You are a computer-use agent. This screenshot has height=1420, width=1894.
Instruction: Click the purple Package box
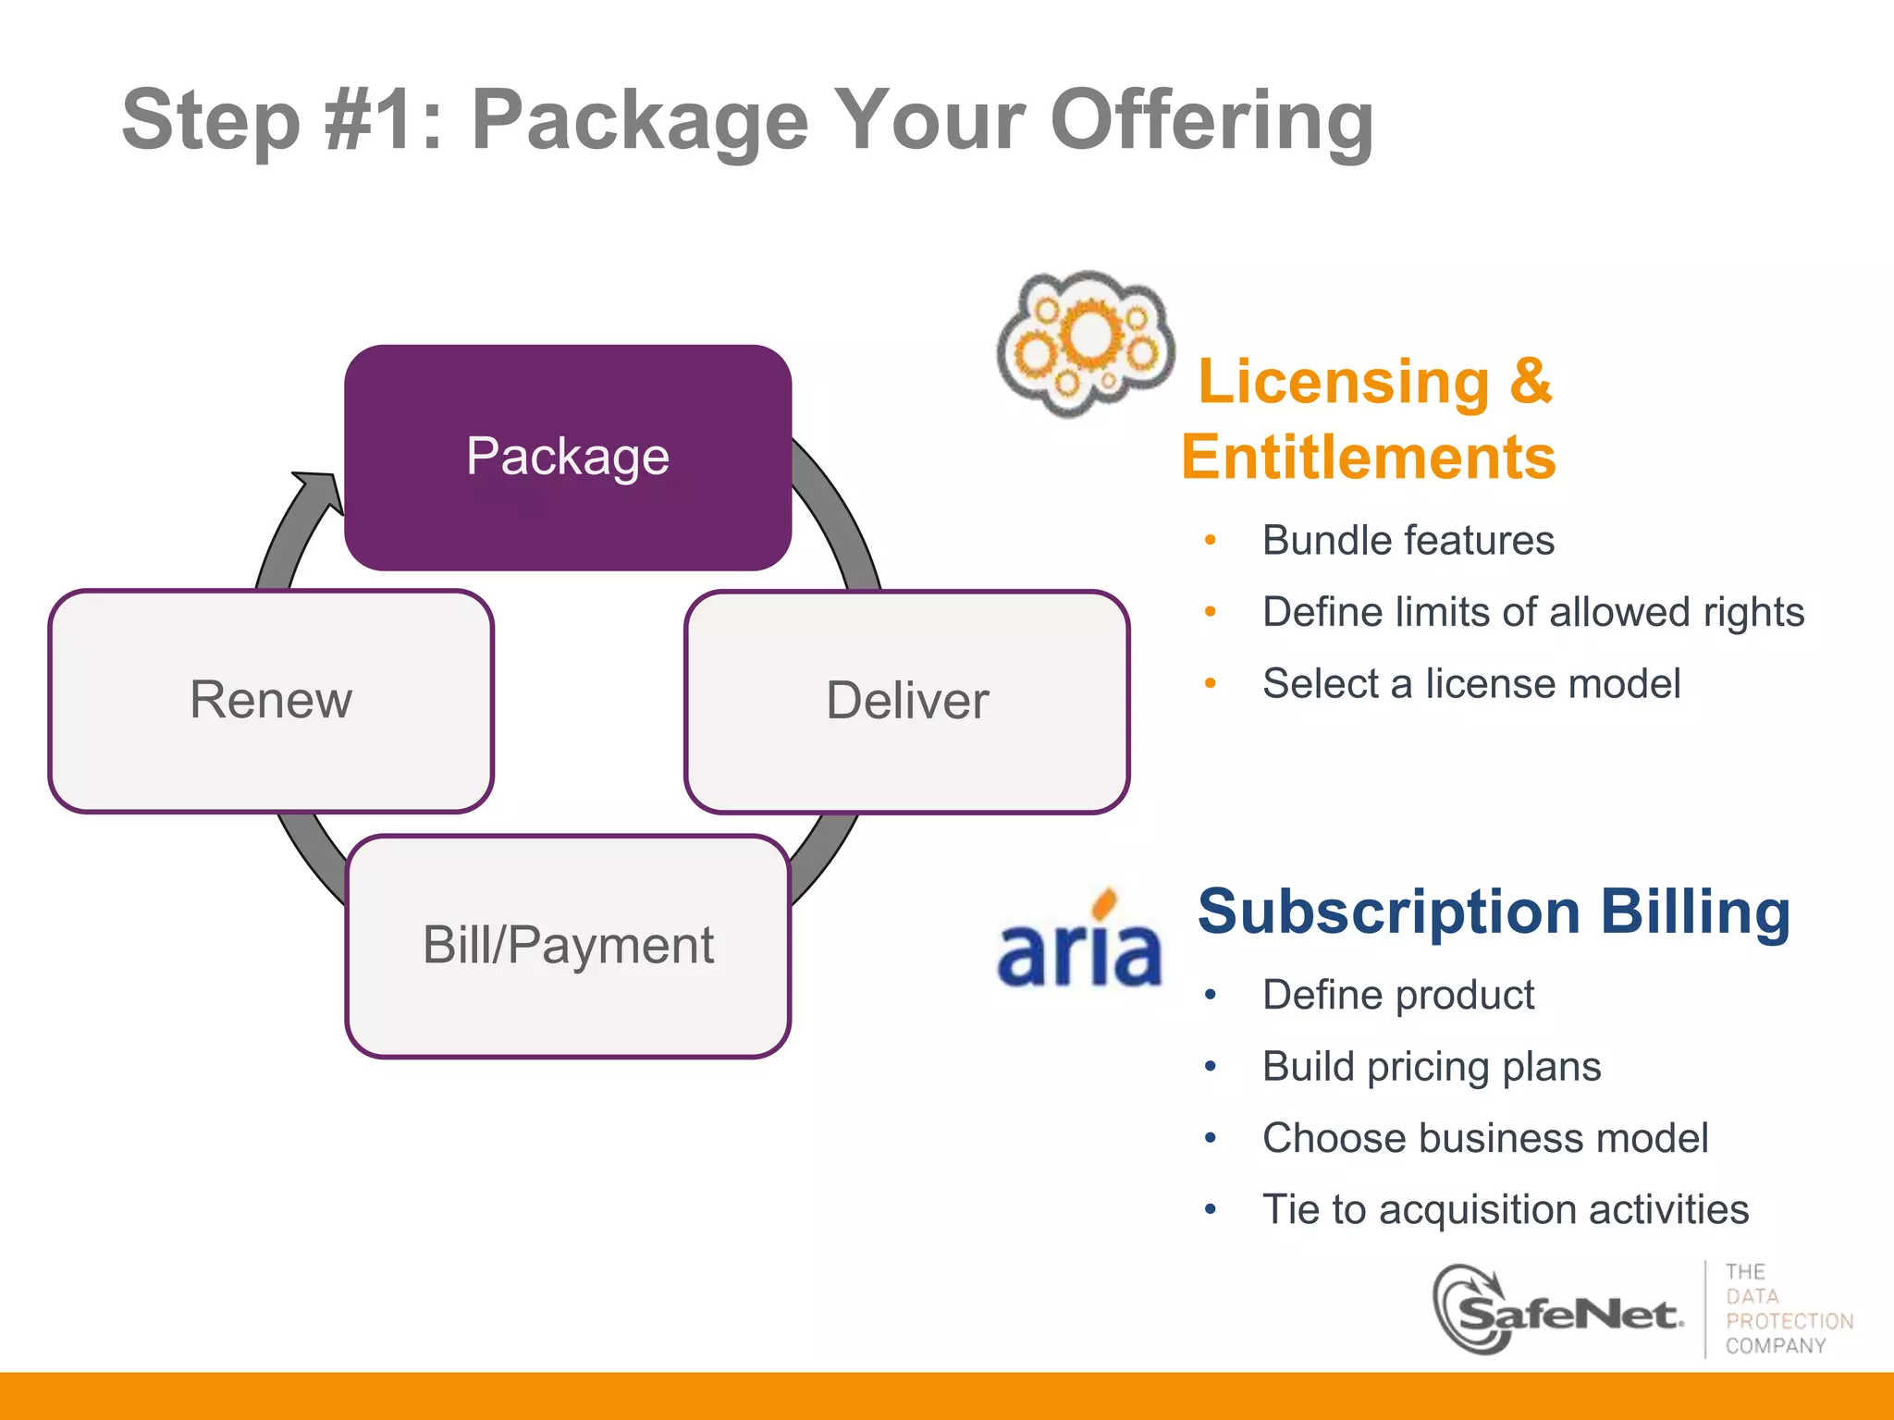coord(568,457)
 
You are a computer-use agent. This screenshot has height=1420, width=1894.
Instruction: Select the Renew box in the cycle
coord(271,700)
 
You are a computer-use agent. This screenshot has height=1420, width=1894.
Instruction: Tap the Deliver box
coord(906,701)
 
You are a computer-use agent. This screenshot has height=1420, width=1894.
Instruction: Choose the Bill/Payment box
coord(568,945)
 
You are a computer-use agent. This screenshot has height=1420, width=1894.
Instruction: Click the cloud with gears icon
coord(1086,342)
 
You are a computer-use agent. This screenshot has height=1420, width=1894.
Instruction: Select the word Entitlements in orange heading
coord(1369,457)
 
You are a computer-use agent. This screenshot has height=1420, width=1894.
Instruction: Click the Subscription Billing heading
coord(1494,912)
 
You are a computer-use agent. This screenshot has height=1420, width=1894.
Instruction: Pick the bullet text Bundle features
coord(1408,540)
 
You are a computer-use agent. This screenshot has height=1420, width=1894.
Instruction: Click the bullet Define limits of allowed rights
coord(1532,612)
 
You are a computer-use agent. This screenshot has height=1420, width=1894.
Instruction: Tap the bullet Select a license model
coord(1470,684)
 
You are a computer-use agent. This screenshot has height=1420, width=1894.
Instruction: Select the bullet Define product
coord(1397,995)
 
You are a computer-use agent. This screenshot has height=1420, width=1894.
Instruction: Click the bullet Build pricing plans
coord(1431,1066)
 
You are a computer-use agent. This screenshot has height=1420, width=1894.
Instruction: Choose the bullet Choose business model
coord(1484,1138)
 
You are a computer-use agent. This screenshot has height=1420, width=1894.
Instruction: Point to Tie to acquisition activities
coord(1505,1209)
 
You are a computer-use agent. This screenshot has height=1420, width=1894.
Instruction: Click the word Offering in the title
coord(1211,120)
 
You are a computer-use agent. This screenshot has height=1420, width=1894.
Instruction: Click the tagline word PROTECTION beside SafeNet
coord(1789,1321)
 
